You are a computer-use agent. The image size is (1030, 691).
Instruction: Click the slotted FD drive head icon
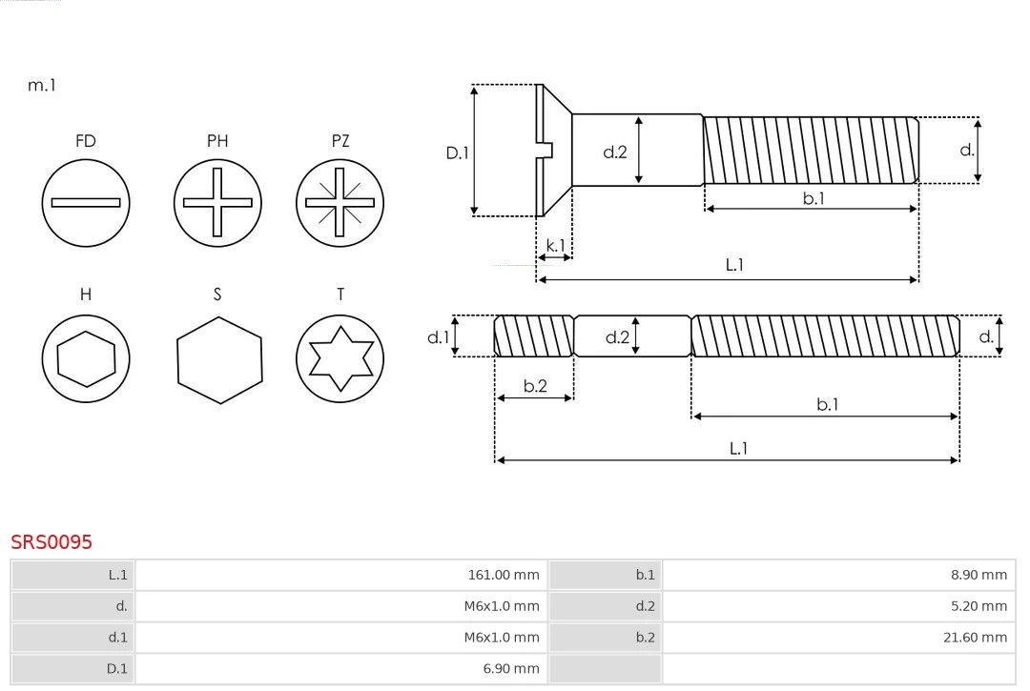86,202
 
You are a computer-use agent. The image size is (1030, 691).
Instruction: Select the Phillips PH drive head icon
217,202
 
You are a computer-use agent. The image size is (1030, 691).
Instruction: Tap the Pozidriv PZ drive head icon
340,202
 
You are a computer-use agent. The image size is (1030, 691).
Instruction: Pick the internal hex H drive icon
86,358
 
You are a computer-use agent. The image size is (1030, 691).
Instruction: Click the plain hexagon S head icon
218,358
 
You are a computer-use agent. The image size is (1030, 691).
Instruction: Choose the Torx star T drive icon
340,358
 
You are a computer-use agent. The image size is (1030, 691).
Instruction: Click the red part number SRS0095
51,541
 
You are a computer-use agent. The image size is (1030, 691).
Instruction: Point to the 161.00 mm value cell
504,575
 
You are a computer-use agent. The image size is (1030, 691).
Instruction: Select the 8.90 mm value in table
978,575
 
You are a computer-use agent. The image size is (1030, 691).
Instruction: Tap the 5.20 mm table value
978,606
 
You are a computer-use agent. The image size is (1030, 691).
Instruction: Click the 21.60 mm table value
975,638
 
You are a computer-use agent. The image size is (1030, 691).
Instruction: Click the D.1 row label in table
116,669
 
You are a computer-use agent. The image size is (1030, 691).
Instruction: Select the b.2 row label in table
646,638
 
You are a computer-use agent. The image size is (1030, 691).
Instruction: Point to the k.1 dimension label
555,245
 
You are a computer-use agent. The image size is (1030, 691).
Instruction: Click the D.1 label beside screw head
458,152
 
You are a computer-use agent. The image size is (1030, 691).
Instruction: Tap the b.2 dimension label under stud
535,386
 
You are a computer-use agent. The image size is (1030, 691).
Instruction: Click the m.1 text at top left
42,85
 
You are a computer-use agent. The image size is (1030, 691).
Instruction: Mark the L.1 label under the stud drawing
738,448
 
